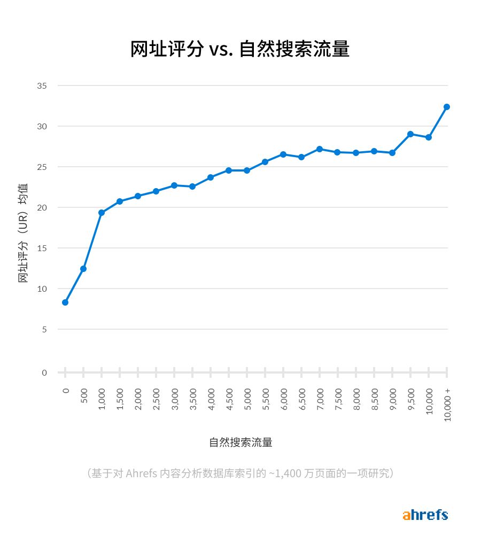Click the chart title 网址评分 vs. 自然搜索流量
(x=240, y=49)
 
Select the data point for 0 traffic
(x=65, y=302)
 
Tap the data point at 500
(x=83, y=269)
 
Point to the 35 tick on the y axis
(x=42, y=85)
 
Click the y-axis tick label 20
(x=42, y=207)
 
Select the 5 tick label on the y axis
(x=44, y=329)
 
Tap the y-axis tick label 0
(x=44, y=372)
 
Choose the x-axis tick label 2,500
(x=157, y=399)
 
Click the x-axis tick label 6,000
(x=284, y=399)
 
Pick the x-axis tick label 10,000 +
(x=447, y=405)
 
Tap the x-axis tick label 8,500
(x=375, y=399)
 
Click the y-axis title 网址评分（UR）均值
(x=24, y=233)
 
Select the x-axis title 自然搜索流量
(x=241, y=442)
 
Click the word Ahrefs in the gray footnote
(x=142, y=473)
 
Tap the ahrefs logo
(x=425, y=515)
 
